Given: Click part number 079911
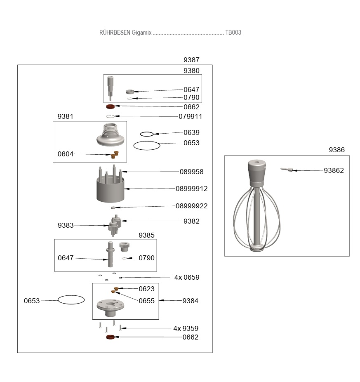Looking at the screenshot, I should click(x=191, y=117).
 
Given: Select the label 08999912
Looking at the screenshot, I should click(x=191, y=189).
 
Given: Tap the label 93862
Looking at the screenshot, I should click(x=334, y=170).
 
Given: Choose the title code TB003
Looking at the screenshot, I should click(x=233, y=33).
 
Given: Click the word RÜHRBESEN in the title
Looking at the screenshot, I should click(x=115, y=33).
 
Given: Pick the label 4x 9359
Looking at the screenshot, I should click(x=186, y=329).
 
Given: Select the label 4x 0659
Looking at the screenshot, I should click(x=186, y=278).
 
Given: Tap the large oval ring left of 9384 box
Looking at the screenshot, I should click(x=71, y=300).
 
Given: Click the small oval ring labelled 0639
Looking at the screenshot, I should click(x=147, y=134).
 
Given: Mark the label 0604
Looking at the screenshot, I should click(x=66, y=154).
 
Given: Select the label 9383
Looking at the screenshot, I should click(x=66, y=225).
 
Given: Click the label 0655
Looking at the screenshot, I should click(x=146, y=301).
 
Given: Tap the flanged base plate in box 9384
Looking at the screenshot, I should click(x=110, y=307).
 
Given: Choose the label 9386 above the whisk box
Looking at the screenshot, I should click(x=336, y=150).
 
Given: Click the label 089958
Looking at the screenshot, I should click(x=191, y=172).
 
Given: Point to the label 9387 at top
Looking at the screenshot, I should click(x=191, y=60).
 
